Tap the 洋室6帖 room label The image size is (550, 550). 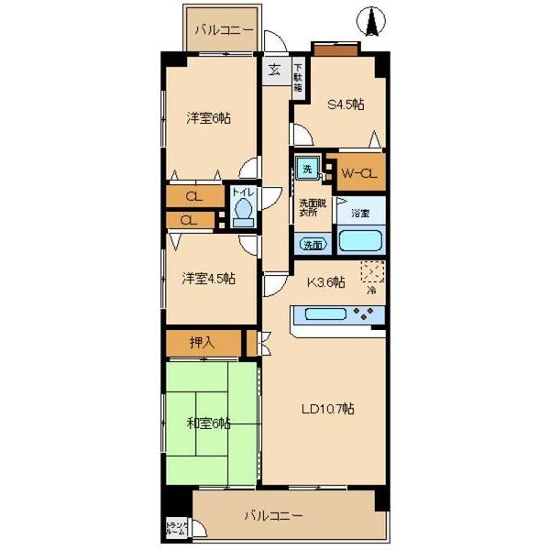[x=208, y=117]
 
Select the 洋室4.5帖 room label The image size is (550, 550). [x=208, y=278]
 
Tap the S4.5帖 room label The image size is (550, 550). [x=346, y=104]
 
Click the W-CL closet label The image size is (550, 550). [x=357, y=171]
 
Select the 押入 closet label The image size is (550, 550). [x=203, y=343]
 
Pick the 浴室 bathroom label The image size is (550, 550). [x=359, y=213]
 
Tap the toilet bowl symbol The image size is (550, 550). [x=242, y=214]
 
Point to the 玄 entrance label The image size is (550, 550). [x=275, y=69]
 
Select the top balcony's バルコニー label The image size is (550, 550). [x=224, y=30]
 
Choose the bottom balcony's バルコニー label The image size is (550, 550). [x=272, y=516]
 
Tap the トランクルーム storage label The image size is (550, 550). [x=176, y=528]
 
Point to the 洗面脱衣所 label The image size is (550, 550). [x=310, y=207]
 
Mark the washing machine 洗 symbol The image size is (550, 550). [x=308, y=168]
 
